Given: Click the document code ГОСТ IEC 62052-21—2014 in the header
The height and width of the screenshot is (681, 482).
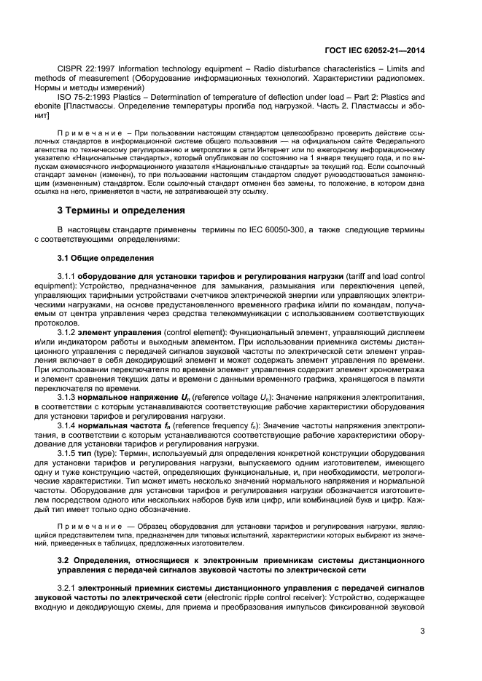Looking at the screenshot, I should (x=374, y=50).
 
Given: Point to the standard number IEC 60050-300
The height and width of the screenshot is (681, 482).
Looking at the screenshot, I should (x=279, y=229).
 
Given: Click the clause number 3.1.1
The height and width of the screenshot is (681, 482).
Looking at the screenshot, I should (x=66, y=277).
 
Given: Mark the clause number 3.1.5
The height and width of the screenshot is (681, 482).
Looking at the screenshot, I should (x=66, y=452).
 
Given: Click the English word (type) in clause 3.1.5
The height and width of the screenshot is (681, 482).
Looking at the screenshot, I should (x=104, y=452).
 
